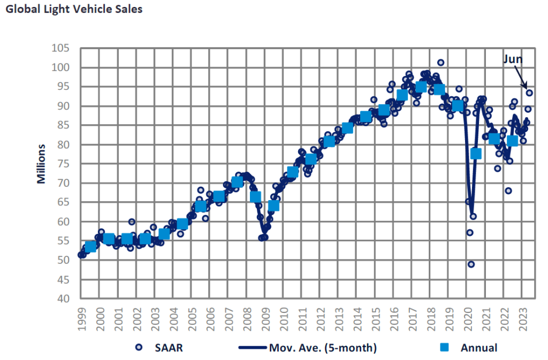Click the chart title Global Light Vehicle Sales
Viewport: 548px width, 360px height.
pyautogui.click(x=74, y=10)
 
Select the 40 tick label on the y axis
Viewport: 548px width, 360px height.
pyautogui.click(x=64, y=298)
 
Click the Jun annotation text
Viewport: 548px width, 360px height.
pyautogui.click(x=512, y=60)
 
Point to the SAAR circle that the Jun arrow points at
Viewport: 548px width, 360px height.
pyautogui.click(x=529, y=93)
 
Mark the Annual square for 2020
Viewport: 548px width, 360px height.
pyautogui.click(x=476, y=154)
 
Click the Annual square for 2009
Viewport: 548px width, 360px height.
pyautogui.click(x=273, y=205)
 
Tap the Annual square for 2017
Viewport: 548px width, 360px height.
pyautogui.click(x=421, y=87)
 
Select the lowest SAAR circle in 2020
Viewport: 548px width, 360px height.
pyautogui.click(x=471, y=264)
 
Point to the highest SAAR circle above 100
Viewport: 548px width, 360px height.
pyautogui.click(x=440, y=63)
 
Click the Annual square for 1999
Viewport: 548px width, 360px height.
pyautogui.click(x=90, y=247)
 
